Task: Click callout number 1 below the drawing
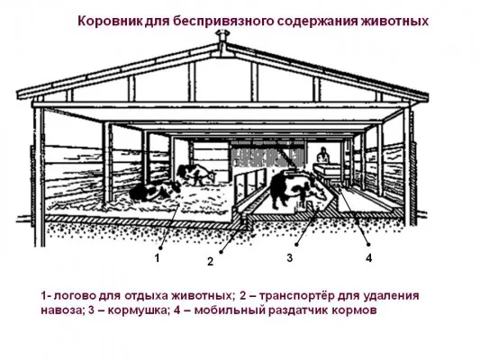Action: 158,258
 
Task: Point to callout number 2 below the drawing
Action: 210,262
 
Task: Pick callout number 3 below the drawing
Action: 290,257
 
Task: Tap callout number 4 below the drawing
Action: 369,258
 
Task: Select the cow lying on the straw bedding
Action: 155,192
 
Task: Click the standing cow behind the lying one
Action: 196,175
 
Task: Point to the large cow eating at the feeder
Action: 295,188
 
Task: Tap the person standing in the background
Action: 322,155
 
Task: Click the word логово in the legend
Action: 72,296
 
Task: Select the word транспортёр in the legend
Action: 295,297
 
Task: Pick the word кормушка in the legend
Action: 138,310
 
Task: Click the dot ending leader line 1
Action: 160,247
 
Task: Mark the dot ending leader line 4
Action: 369,245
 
